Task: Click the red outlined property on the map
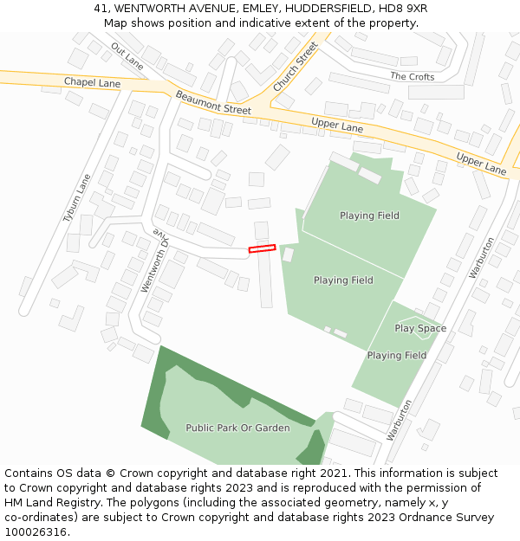(262, 248)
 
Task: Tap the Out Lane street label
(127, 55)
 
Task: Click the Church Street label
(295, 67)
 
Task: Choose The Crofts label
(413, 77)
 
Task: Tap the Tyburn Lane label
(76, 198)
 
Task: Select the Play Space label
(420, 328)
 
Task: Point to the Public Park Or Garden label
(237, 428)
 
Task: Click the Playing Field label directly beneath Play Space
(396, 355)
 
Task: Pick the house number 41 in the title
(101, 9)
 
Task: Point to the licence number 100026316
(36, 532)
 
